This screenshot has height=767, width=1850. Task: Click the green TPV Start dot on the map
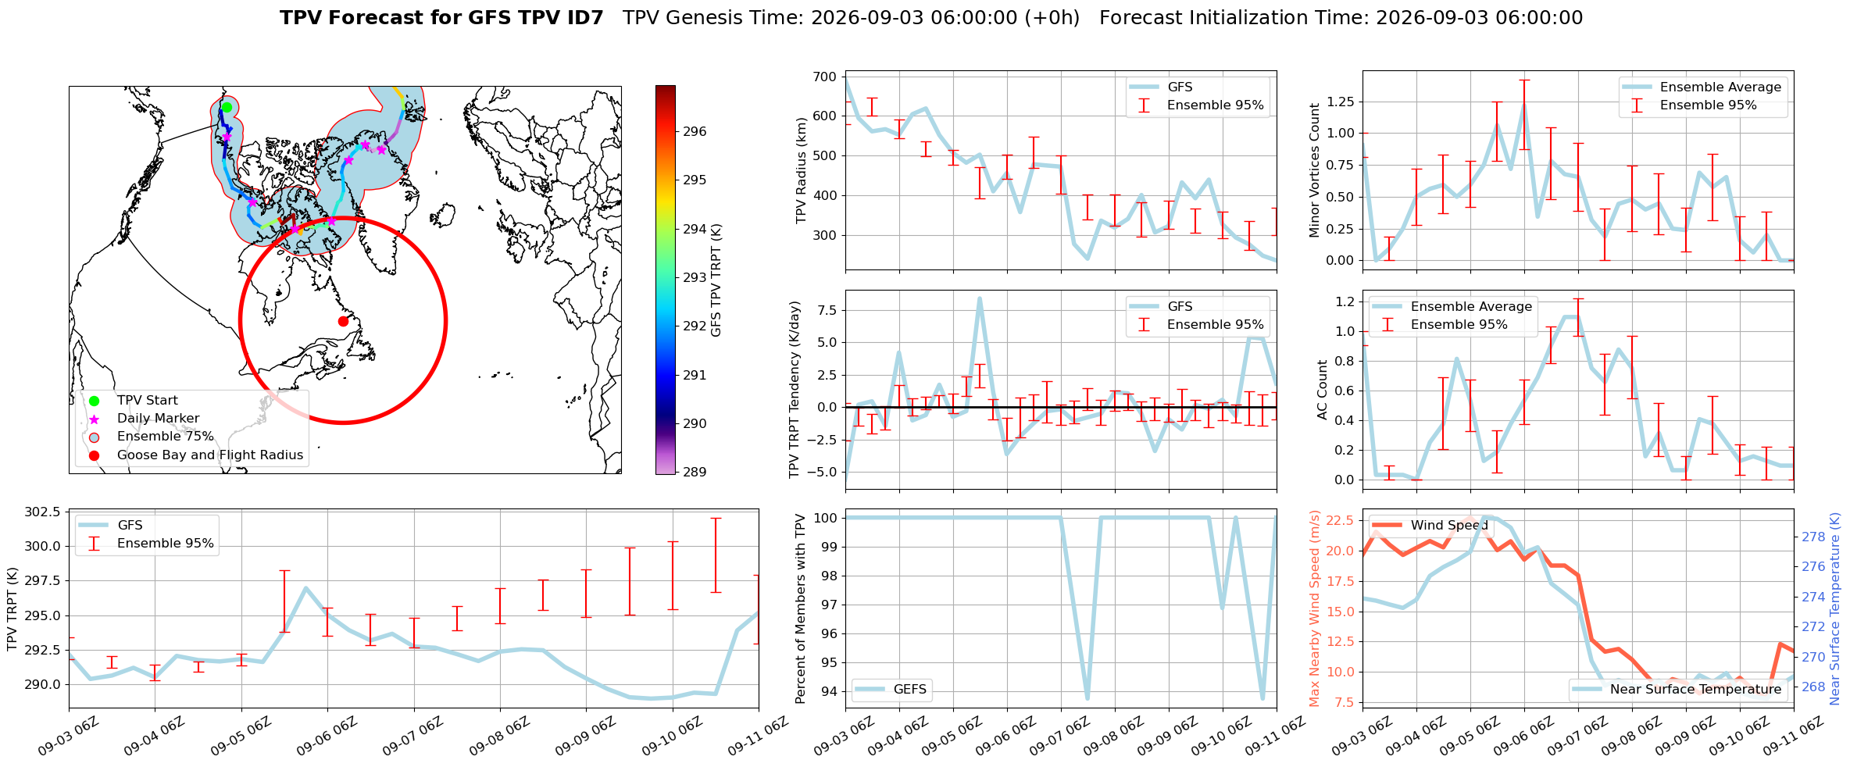tap(227, 107)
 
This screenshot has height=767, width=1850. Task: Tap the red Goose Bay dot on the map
tap(343, 321)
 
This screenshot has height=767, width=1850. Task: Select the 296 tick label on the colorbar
tap(695, 131)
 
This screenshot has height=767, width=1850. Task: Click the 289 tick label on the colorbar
tap(695, 472)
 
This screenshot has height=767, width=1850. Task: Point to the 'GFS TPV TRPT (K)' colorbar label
tap(716, 280)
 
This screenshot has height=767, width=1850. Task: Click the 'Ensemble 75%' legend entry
tap(165, 437)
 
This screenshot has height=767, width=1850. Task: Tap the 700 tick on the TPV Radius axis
tap(825, 77)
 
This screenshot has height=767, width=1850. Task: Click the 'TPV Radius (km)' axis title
tap(801, 170)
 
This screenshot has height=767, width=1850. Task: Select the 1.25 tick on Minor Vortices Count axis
tap(1341, 102)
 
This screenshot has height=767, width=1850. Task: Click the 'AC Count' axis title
tap(1322, 390)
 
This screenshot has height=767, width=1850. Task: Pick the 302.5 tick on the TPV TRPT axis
tap(42, 512)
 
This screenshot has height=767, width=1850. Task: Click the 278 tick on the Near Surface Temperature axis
tap(1813, 537)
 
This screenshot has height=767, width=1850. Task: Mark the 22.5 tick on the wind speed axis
tap(1341, 521)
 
